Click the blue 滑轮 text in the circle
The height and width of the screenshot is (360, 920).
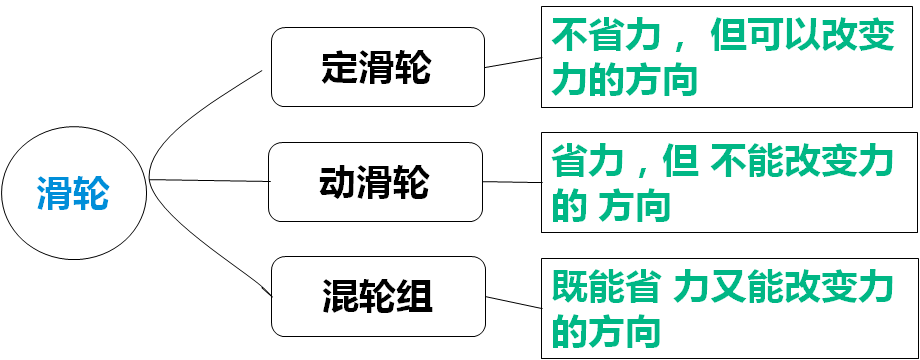tap(73, 191)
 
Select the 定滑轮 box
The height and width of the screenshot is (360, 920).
tap(378, 68)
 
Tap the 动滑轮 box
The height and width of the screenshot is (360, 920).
tap(374, 182)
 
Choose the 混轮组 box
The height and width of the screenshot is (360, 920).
tap(378, 296)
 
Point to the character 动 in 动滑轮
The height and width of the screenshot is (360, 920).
tap(337, 182)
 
